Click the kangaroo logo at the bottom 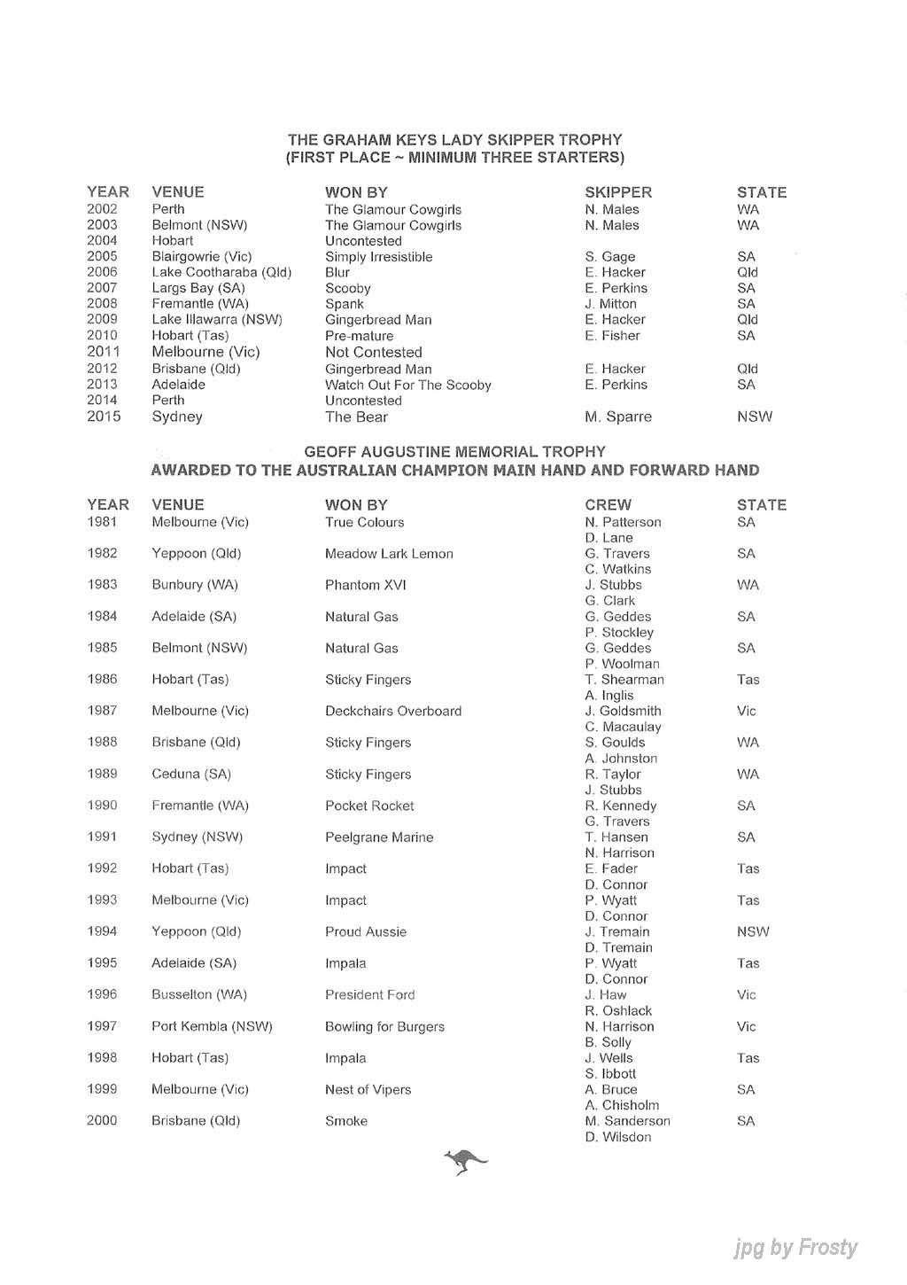[465, 1160]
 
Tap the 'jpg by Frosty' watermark [795, 1248]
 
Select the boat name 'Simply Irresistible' [378, 257]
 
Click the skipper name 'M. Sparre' [617, 417]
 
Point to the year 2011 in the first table [103, 352]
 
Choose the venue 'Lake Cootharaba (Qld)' [221, 272]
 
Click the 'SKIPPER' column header [617, 192]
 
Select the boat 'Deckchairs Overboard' [392, 711]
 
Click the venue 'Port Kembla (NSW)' [212, 1026]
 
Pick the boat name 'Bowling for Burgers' [384, 1026]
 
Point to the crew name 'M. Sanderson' [627, 1121]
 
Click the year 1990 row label [103, 806]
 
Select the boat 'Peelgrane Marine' [378, 837]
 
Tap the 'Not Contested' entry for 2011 [373, 352]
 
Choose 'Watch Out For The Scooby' [407, 385]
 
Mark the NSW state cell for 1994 [752, 931]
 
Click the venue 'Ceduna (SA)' [190, 774]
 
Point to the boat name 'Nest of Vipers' [368, 1089]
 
